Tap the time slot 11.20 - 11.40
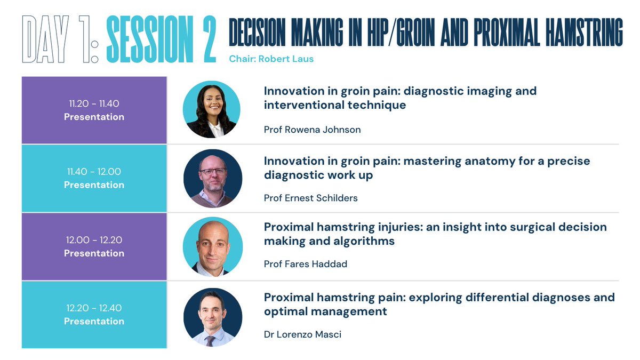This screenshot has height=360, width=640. (x=94, y=103)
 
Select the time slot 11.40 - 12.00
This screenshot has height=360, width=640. (x=94, y=172)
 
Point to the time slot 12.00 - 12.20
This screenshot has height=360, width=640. (x=94, y=240)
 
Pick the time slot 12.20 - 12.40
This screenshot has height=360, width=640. (x=94, y=308)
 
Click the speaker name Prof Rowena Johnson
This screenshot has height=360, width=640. (x=312, y=130)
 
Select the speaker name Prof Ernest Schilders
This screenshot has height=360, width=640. (x=310, y=198)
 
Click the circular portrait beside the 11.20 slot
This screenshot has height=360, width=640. (x=212, y=110)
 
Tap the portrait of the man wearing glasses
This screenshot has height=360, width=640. (x=212, y=178)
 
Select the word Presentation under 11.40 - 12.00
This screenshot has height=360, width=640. (x=94, y=185)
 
